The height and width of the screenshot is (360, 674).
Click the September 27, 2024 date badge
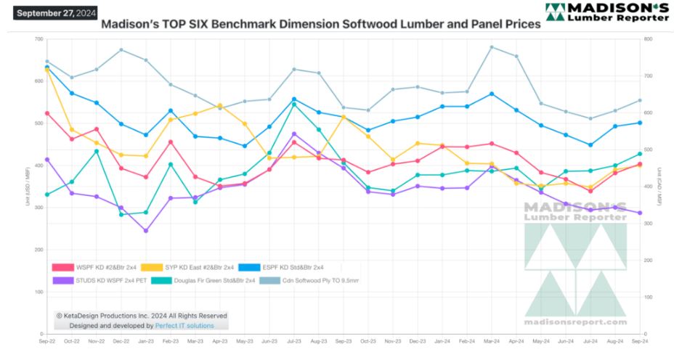[x=55, y=12]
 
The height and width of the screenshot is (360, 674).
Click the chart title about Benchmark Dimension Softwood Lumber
[x=320, y=24]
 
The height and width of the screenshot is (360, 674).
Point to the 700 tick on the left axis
[x=38, y=38]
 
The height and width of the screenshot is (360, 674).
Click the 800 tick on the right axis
[x=647, y=38]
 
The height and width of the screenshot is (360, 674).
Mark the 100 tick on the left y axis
[x=38, y=292]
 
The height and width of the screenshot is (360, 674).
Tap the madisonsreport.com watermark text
[x=575, y=322]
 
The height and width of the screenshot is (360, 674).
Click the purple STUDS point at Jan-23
[x=145, y=231]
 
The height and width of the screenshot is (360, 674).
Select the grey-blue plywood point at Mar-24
[x=492, y=47]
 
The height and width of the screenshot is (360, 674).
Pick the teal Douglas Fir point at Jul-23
[x=293, y=105]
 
